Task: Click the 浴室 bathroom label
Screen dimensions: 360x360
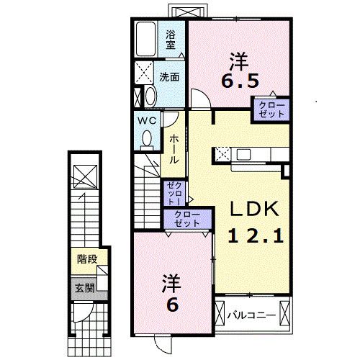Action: pos(171,39)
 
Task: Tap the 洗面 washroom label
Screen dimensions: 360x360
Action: pos(170,76)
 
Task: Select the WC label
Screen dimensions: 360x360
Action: pos(147,120)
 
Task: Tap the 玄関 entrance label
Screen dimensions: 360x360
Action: pos(85,288)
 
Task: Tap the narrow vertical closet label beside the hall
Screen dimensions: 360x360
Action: pos(175,194)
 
